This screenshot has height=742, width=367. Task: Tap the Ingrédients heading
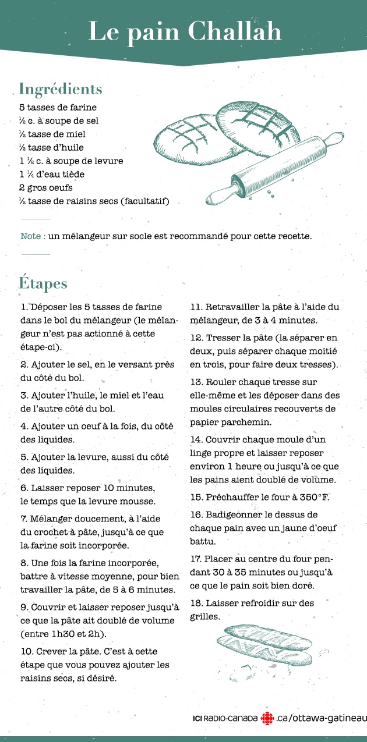[61, 89]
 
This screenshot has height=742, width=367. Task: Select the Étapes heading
[43, 283]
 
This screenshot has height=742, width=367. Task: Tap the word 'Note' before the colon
[30, 236]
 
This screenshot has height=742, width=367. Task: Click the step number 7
[24, 519]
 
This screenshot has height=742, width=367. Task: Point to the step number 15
[196, 498]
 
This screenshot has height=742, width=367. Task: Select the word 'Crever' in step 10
[49, 651]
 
